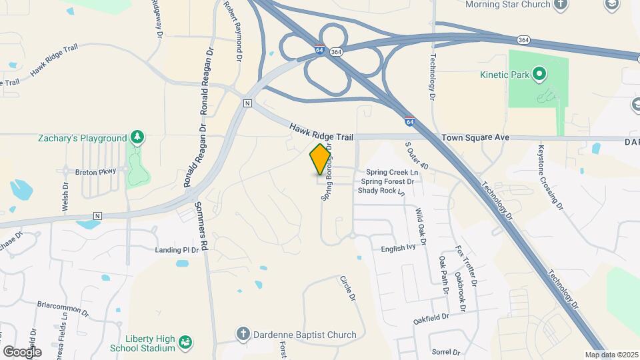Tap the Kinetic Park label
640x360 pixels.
click(505, 74)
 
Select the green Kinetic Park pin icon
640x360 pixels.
click(539, 73)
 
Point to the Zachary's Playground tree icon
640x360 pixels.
click(137, 137)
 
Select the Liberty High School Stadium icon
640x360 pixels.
click(186, 342)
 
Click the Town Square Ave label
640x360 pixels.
click(475, 137)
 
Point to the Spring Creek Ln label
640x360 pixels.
click(391, 173)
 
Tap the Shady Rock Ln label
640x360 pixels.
click(381, 191)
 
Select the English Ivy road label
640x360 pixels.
click(398, 248)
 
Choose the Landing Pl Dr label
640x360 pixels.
click(177, 250)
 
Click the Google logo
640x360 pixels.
click(22, 351)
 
